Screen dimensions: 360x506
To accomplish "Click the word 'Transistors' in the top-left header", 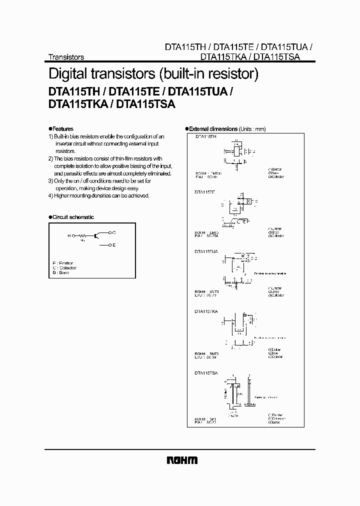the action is point(65,57).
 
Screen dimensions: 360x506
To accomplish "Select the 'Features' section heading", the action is point(62,128).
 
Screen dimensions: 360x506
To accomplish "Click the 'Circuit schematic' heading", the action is point(73,217).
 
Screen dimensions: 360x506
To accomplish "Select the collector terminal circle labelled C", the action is point(110,232).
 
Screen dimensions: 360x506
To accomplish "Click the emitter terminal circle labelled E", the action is point(110,245).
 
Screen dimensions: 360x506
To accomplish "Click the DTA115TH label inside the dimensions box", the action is point(205,136).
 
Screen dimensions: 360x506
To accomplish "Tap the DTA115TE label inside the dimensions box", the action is point(205,192).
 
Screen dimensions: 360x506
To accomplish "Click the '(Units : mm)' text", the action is point(252,128).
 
